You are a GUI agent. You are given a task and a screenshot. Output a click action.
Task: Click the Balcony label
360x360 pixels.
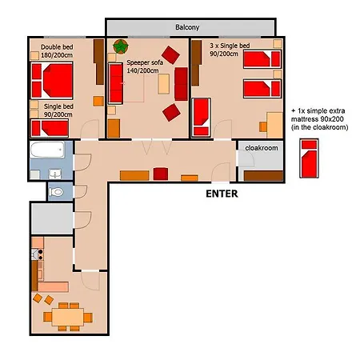point(187,27)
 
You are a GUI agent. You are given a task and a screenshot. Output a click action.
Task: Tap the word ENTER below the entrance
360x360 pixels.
point(222,194)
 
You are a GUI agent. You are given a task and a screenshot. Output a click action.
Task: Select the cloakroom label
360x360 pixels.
point(262,148)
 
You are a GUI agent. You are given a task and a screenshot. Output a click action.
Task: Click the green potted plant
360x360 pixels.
point(121,46)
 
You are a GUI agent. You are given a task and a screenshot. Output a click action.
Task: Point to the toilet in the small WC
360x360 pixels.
point(56,192)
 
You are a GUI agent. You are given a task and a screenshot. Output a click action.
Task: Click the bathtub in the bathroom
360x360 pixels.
point(47,150)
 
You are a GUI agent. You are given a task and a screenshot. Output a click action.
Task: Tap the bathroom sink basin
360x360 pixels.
point(55,174)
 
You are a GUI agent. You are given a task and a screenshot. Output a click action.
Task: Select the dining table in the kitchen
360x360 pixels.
point(68,317)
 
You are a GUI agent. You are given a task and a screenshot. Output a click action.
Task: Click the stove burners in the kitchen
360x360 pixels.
point(40,254)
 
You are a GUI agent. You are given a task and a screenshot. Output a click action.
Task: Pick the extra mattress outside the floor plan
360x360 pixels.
point(309,158)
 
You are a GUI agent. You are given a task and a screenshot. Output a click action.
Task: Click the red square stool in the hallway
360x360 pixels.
point(161,174)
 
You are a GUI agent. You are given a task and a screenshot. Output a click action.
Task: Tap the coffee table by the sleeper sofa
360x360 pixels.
point(163,84)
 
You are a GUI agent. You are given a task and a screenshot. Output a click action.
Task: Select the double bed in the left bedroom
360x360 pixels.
point(52,80)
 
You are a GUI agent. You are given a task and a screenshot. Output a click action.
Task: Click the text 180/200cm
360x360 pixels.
point(57,55)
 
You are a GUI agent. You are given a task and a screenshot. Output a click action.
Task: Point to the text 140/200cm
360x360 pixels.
point(142,70)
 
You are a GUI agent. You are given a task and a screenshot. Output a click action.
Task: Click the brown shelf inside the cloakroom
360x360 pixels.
point(263,176)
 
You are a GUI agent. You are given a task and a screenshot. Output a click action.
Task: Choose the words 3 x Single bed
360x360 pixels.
point(230,46)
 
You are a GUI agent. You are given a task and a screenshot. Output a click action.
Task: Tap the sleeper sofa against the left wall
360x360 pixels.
point(115,83)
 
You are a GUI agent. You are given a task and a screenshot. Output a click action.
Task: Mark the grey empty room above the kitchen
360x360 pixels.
point(52,218)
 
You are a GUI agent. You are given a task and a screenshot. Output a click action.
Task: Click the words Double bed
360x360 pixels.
point(57,47)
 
